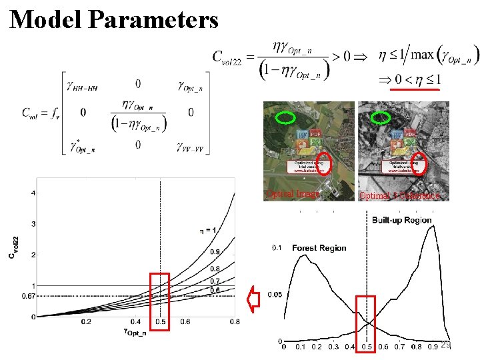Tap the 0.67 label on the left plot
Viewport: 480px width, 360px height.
click(x=27, y=295)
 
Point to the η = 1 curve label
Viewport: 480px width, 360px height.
click(x=209, y=230)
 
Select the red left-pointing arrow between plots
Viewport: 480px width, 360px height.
click(x=254, y=298)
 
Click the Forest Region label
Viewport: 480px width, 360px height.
click(x=319, y=247)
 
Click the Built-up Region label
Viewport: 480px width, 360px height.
click(x=401, y=220)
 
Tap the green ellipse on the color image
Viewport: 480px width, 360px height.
click(x=285, y=117)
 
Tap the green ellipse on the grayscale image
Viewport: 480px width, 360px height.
click(x=381, y=117)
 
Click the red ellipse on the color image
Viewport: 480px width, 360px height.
click(x=323, y=163)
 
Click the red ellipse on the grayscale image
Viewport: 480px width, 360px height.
click(x=419, y=163)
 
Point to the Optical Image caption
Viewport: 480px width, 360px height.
click(x=293, y=194)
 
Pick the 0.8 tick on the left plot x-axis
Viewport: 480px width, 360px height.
click(x=234, y=322)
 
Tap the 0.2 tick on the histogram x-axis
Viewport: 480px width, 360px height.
click(x=317, y=347)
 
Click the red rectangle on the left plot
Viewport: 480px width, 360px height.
click(x=160, y=301)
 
